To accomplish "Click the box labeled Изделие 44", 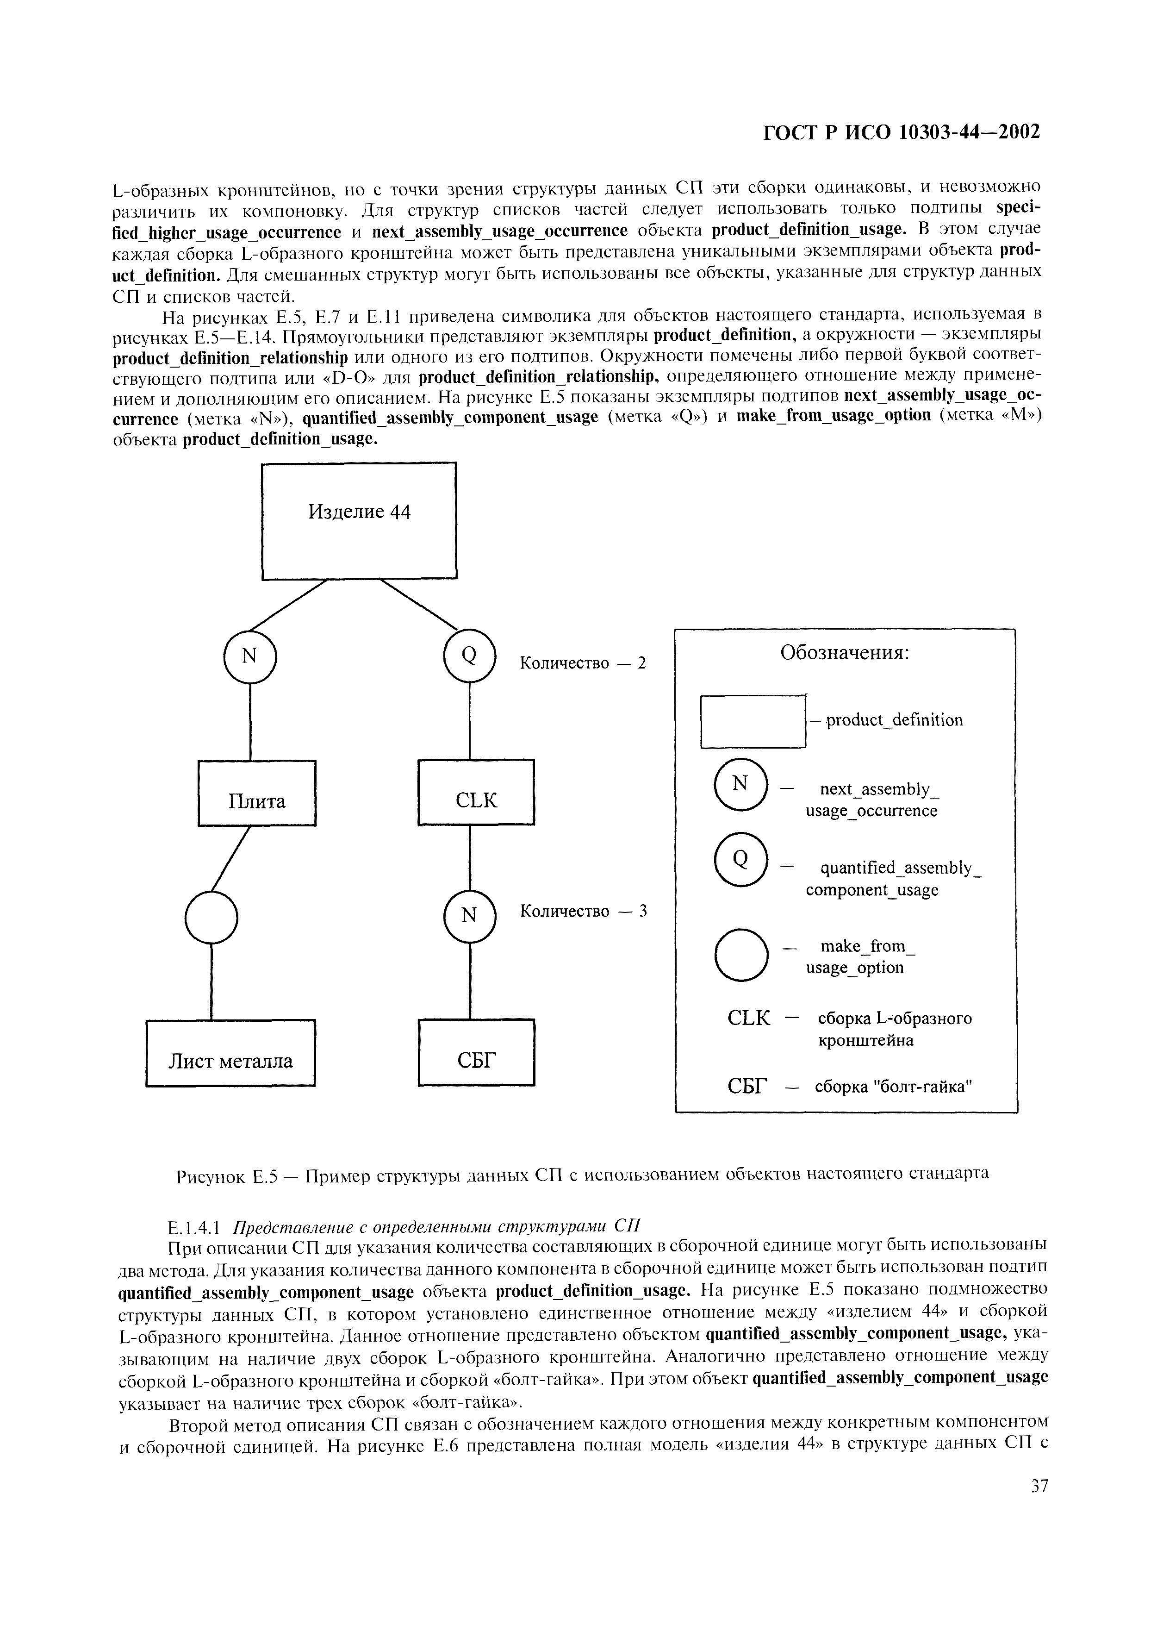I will point(359,520).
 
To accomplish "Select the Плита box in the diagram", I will point(256,793).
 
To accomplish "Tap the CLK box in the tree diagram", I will point(476,792).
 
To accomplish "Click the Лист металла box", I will point(230,1052).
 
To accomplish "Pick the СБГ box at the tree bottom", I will point(476,1052).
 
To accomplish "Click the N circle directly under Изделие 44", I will point(249,657).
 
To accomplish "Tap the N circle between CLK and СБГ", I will point(469,916).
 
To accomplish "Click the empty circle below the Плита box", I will point(211,918).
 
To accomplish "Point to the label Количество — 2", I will point(583,663).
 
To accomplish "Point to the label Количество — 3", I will point(583,912).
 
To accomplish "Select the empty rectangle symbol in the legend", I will point(753,721).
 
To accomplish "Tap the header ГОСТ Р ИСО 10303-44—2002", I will point(902,132).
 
